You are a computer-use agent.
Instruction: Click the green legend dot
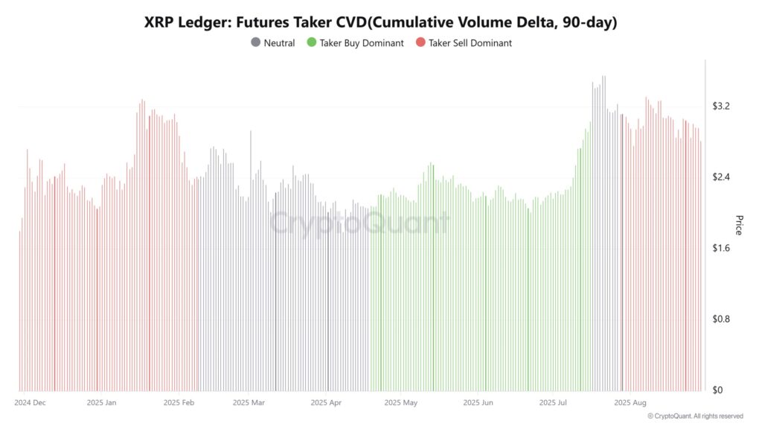[x=311, y=43]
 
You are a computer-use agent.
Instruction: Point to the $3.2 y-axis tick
[x=721, y=107]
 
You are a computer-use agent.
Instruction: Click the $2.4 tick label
[x=721, y=177]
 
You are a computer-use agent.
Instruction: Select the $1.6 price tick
[x=721, y=248]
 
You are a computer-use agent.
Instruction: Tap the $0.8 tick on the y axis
[x=721, y=319]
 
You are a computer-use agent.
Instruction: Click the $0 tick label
[x=717, y=390]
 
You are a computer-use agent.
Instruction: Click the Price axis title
[x=739, y=225]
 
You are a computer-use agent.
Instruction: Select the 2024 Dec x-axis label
[x=31, y=403]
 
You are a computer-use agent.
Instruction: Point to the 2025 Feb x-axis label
[x=177, y=403]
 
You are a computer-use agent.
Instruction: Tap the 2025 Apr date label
[x=326, y=403]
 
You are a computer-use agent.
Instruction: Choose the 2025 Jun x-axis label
[x=478, y=403]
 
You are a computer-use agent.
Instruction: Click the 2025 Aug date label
[x=630, y=403]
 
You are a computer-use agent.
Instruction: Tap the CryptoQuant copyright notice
[x=695, y=416]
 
